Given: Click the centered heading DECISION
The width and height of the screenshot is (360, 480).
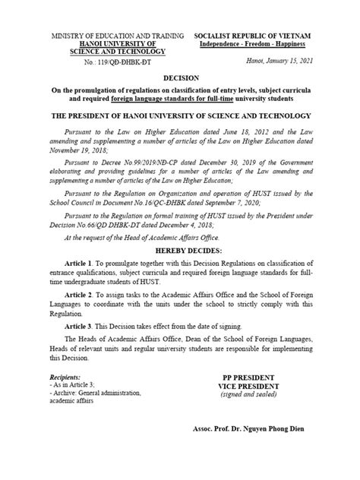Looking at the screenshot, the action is (180, 78).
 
